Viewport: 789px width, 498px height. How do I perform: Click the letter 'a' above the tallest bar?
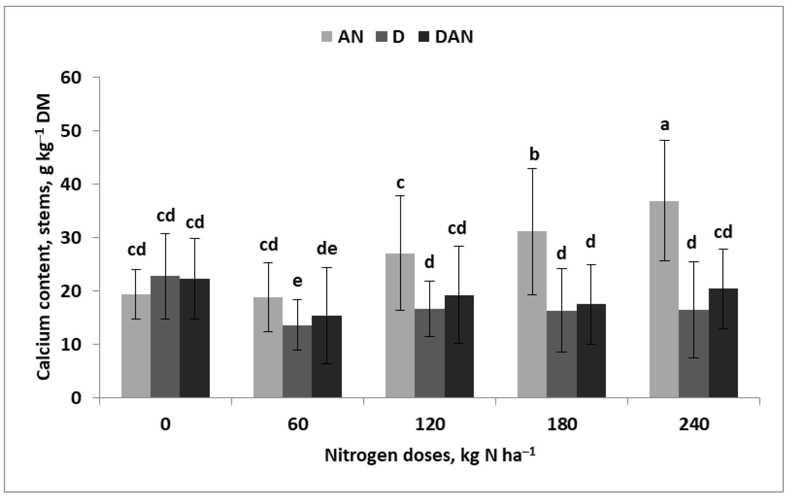tap(665, 125)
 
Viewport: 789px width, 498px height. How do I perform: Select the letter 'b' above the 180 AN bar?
tap(534, 155)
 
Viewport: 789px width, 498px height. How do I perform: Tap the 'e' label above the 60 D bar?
tap(297, 281)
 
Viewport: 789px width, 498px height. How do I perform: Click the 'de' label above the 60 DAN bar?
tap(327, 249)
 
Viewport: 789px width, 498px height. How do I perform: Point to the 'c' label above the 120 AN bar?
tap(400, 183)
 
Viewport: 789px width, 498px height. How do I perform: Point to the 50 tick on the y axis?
tap(71, 131)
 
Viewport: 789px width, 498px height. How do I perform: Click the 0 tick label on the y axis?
tap(76, 398)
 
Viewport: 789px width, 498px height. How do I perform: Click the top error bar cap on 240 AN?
tap(664, 140)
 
